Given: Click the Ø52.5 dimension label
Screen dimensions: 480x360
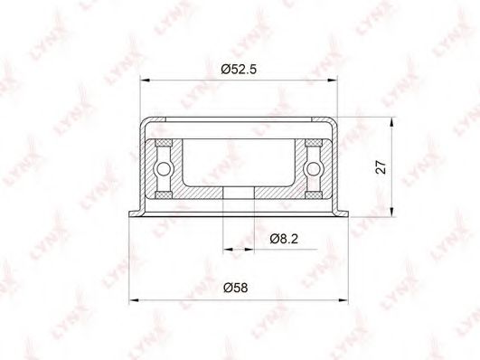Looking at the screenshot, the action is (239, 70).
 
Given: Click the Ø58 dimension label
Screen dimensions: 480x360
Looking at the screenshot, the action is (235, 288).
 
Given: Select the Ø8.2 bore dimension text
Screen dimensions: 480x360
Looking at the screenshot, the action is (284, 239).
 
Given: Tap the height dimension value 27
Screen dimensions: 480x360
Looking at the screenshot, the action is (381, 166).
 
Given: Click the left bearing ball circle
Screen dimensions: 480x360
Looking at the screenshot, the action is (164, 169).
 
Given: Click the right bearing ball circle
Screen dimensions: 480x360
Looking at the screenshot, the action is (313, 169).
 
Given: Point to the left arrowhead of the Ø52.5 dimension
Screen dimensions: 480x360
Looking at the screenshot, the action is (145, 81).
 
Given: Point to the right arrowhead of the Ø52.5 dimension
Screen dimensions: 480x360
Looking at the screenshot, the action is (332, 81).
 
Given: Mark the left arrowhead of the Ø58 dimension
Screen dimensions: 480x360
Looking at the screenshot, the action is (134, 300).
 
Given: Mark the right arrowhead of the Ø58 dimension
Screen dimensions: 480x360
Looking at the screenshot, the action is (344, 300).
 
